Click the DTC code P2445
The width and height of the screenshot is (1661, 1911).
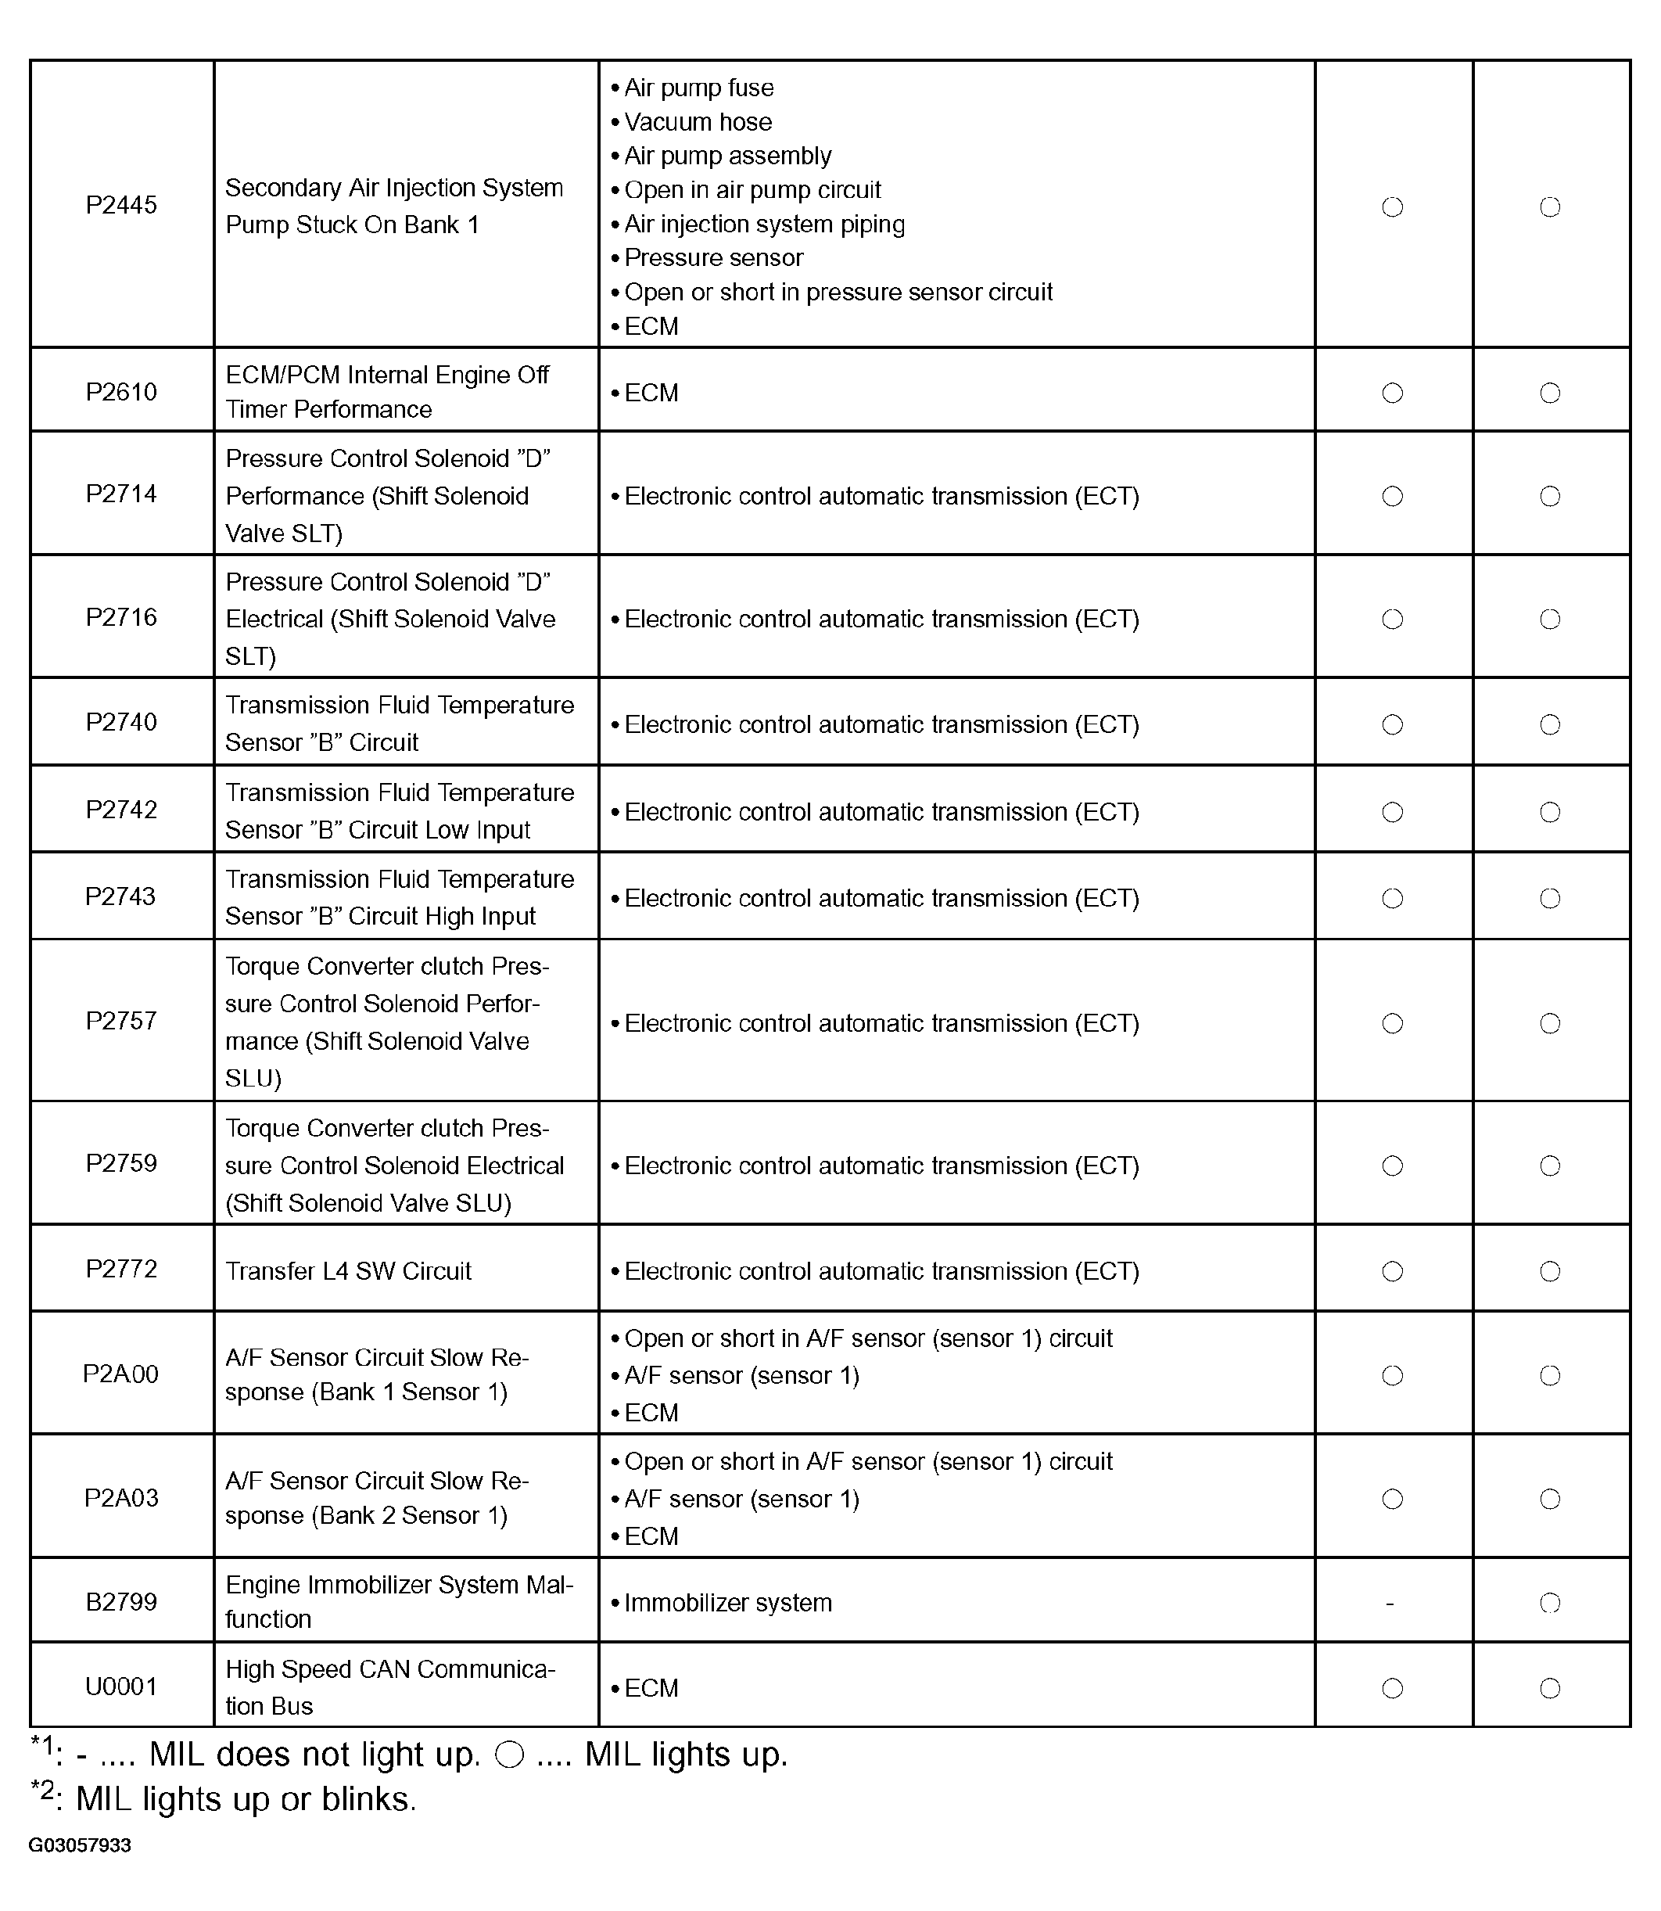[x=121, y=205]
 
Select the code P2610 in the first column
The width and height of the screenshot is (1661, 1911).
[x=121, y=392]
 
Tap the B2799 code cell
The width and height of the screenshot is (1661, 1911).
[x=121, y=1602]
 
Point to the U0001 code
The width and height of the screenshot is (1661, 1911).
[x=121, y=1686]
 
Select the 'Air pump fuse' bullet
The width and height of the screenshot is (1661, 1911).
[x=698, y=88]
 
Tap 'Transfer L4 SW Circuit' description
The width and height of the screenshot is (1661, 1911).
[x=349, y=1270]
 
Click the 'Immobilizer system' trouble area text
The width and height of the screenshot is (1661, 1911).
[x=727, y=1603]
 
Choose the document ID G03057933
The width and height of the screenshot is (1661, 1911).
[x=80, y=1845]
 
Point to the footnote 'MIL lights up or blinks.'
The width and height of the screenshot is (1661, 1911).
[x=246, y=1799]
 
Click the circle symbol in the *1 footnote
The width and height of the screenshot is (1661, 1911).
[x=510, y=1755]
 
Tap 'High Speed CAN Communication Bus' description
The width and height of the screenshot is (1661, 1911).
[x=390, y=1687]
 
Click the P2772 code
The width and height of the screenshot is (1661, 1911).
[x=121, y=1270]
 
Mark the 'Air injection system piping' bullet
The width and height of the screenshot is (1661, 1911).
[x=764, y=225]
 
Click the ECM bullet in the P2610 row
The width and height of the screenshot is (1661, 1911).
[x=651, y=393]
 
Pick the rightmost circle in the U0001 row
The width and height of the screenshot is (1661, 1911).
[x=1550, y=1689]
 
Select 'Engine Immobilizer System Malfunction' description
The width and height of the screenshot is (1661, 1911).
[x=399, y=1602]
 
